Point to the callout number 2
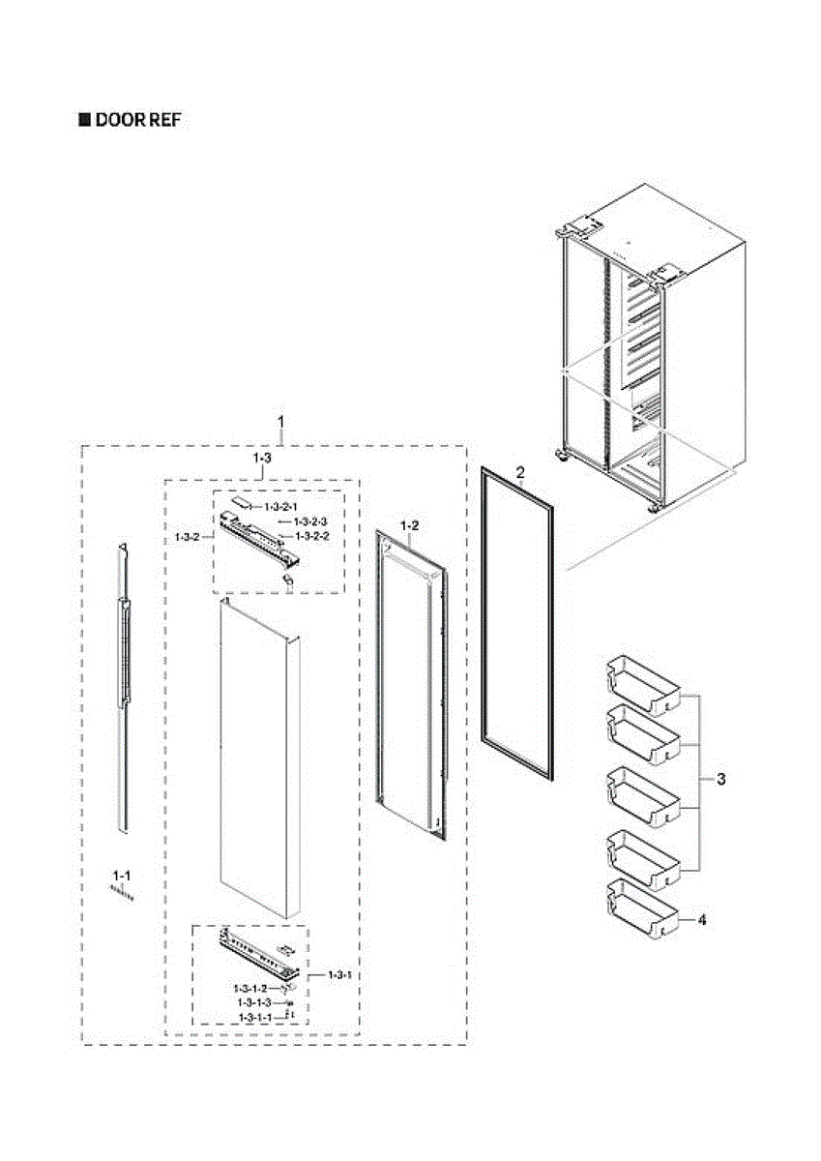point(520,473)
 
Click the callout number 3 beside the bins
point(721,779)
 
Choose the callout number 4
point(702,920)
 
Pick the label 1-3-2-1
point(281,506)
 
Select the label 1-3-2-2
point(313,536)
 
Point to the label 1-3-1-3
point(256,1003)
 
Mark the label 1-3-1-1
point(256,1018)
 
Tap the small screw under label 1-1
point(123,894)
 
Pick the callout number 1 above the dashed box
point(281,422)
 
